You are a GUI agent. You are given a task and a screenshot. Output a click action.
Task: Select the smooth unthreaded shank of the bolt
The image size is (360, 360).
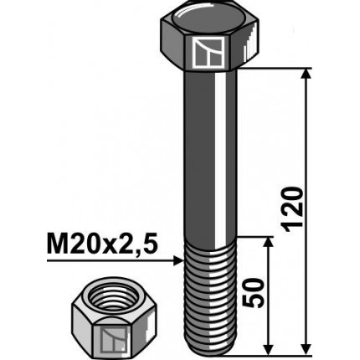coord(209,151)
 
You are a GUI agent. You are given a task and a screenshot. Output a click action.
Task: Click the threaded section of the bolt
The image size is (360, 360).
coord(209,293)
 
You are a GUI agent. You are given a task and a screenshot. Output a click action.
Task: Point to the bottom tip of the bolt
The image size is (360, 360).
coord(209,349)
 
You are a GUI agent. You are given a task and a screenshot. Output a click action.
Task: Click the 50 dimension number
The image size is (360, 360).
coord(257,294)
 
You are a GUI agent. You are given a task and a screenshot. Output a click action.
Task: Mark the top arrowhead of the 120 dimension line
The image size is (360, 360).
coord(306,75)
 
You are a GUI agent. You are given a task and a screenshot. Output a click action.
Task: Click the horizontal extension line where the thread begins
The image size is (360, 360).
coord(255,236)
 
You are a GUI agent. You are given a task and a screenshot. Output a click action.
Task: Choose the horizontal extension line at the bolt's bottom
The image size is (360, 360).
coord(276,352)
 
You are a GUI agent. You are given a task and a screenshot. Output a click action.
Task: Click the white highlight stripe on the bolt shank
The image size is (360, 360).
coord(219,151)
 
